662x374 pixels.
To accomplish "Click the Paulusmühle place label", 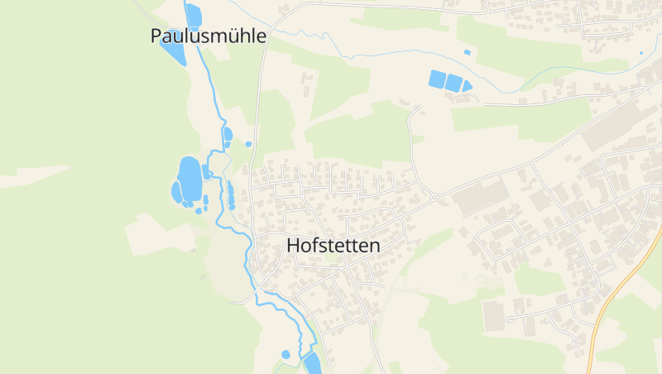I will (x=209, y=36).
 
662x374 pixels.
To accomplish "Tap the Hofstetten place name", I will (x=333, y=245).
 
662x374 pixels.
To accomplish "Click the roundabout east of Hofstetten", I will (x=434, y=197).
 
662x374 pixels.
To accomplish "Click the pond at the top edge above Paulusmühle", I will (x=194, y=14).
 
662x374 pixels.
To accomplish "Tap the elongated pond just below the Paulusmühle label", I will (x=173, y=52).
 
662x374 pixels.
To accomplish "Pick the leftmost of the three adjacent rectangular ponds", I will (x=437, y=79).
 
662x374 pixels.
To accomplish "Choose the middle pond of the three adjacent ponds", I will (x=453, y=82).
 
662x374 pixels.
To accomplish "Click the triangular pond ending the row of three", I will (x=467, y=85).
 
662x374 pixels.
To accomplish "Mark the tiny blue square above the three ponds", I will (x=468, y=52).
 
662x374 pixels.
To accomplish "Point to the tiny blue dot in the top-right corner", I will (x=640, y=53).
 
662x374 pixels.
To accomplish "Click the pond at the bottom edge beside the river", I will (x=312, y=362).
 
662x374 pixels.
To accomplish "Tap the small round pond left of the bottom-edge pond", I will (x=286, y=354).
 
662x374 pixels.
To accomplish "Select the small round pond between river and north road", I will (x=247, y=144).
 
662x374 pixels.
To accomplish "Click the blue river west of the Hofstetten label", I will (x=247, y=248).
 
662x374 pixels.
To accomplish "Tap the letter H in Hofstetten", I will (x=294, y=245).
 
